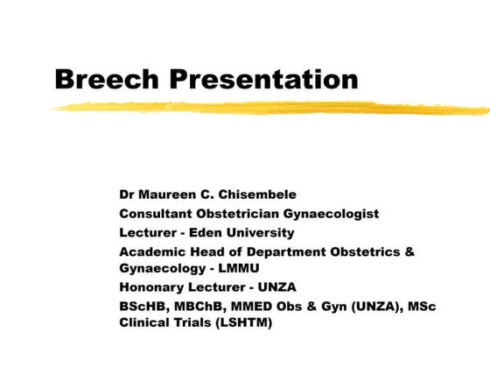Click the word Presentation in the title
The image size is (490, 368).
click(263, 79)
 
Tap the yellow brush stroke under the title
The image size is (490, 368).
click(262, 108)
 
